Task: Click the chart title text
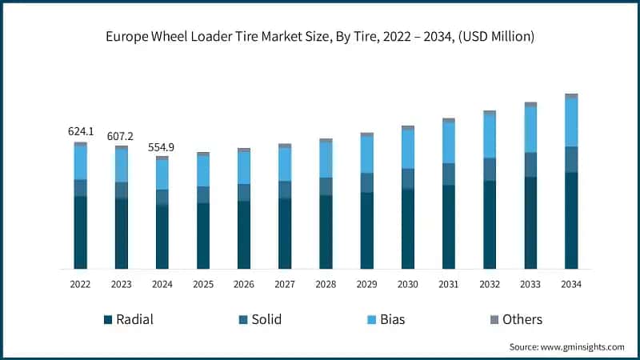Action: (320, 37)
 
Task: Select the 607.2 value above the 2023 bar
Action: (121, 136)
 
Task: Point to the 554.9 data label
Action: (162, 147)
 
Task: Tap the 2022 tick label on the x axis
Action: (80, 285)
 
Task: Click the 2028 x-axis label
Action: (326, 285)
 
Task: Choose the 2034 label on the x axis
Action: (571, 285)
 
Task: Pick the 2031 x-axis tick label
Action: (448, 285)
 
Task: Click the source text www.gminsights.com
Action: (566, 347)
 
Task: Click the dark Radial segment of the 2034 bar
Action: (571, 220)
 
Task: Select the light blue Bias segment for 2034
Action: (571, 122)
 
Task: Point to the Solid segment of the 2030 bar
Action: (407, 178)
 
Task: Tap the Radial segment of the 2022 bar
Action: (80, 232)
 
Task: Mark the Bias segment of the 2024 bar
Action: (162, 174)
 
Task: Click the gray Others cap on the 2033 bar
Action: (530, 104)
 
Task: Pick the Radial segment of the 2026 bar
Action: (243, 234)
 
